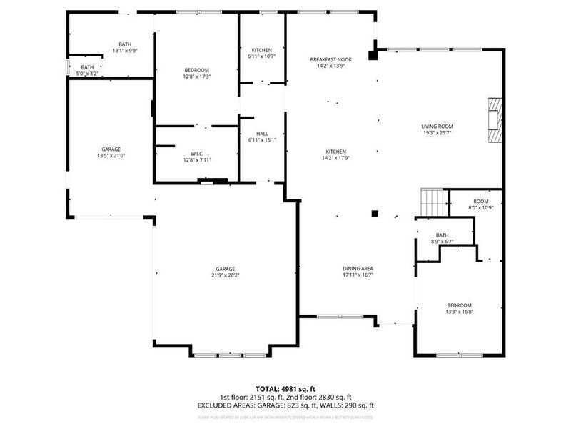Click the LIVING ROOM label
click(437, 126)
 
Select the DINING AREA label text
click(358, 268)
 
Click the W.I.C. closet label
click(197, 154)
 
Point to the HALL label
click(262, 134)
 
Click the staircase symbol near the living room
click(433, 202)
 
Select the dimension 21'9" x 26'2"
click(225, 275)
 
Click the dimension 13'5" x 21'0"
click(111, 155)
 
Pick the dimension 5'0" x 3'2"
click(86, 73)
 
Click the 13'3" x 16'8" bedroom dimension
click(459, 311)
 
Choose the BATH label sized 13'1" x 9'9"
click(125, 45)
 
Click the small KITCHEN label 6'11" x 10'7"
click(261, 49)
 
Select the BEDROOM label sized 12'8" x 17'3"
click(196, 69)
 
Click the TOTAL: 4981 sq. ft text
click(285, 389)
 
